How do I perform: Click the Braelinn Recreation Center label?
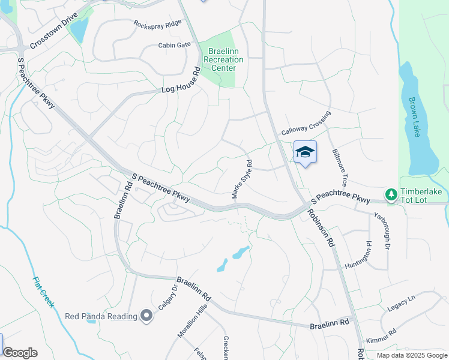coord(223,60)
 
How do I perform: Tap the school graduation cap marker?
coord(305,152)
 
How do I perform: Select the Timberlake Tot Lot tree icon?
coord(391,194)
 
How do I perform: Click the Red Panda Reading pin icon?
coord(146,316)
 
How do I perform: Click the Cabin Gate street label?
coord(174,44)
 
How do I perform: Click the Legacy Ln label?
coord(402,302)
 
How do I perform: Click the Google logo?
coord(20,353)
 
